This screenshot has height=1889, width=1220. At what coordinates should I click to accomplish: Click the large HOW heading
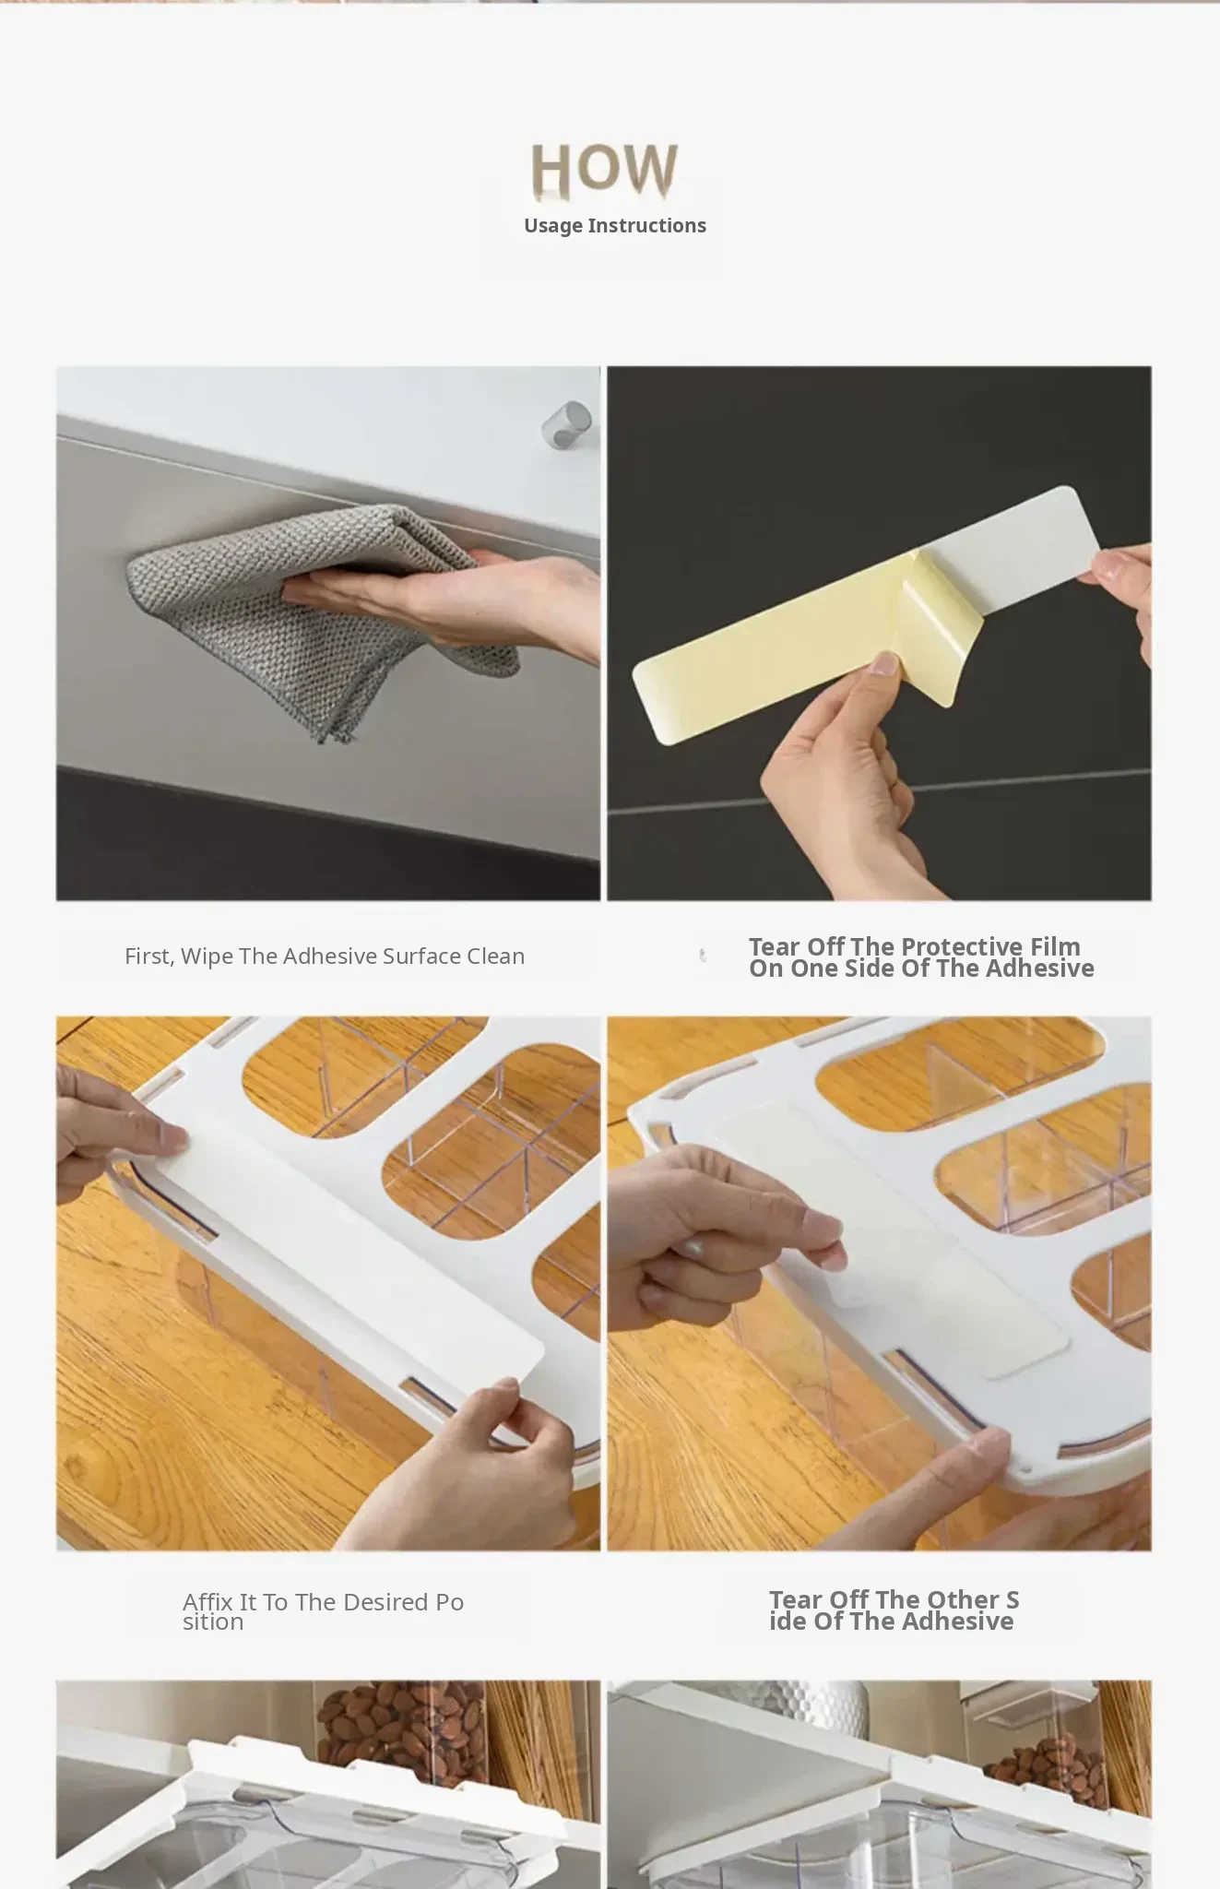click(x=604, y=170)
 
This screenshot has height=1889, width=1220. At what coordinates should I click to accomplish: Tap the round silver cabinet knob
click(x=566, y=424)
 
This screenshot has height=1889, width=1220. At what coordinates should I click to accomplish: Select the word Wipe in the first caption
click(x=207, y=956)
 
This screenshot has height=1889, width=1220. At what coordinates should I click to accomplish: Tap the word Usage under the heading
click(x=553, y=226)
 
